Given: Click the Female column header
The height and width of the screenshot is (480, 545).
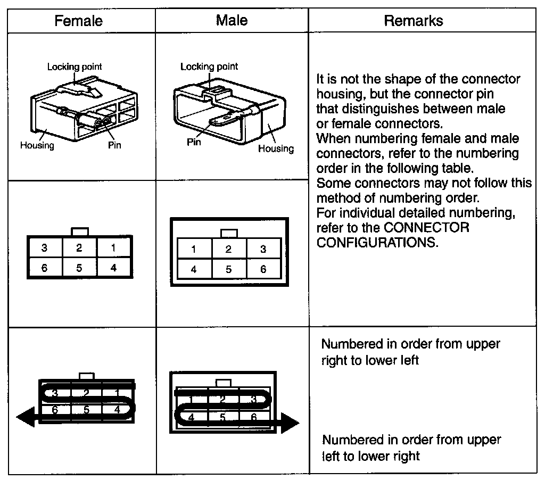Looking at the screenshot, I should coord(79,21).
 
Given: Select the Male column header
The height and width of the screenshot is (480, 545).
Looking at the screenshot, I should coord(232,20).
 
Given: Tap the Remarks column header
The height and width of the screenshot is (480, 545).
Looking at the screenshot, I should coord(413,21).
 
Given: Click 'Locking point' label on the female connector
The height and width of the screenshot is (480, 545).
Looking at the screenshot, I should coord(75,67).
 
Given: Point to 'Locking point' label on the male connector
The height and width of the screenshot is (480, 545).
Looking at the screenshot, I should coord(209,67).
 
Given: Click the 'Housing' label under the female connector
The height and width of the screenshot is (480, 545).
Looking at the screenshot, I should coord(37,145).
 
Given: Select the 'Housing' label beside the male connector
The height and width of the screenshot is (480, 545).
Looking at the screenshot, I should coord(276,149).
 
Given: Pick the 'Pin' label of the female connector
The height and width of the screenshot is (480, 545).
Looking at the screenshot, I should coord(114,145).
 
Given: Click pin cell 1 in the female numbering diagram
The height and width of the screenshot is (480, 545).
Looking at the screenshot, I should coord(113,248).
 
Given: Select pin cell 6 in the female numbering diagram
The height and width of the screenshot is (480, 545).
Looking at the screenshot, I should coord(44,268).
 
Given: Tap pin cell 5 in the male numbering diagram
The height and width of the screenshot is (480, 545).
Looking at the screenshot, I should coord(228,269).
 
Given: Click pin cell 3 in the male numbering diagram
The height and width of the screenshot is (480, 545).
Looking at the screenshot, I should coord(263,249).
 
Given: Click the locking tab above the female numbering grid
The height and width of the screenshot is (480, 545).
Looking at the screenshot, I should coord(87,376).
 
